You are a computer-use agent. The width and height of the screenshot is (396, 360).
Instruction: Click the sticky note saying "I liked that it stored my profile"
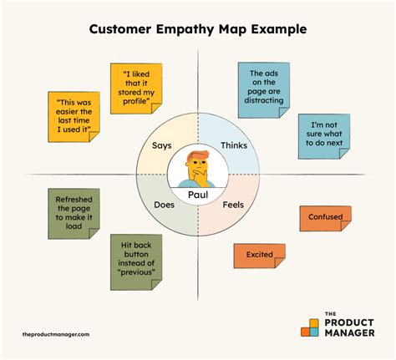pos(136,89)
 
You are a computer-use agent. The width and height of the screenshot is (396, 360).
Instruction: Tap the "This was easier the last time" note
pos(74,117)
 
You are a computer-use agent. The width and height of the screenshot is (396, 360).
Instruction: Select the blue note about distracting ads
pos(264,90)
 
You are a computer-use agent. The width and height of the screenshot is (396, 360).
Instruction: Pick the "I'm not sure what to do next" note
pos(324,136)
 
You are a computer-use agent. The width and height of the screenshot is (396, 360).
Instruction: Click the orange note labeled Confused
pos(325,219)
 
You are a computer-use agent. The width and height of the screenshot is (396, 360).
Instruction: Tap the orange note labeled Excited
pos(259,256)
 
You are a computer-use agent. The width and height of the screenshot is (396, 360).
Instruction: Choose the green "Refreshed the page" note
pos(74,214)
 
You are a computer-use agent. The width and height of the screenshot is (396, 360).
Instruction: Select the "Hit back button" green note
pos(136,262)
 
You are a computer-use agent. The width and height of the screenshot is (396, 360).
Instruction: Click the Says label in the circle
pos(162,145)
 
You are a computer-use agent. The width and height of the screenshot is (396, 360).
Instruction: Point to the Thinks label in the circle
pos(234,145)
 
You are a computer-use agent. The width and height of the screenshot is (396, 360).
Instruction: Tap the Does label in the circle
pos(164,205)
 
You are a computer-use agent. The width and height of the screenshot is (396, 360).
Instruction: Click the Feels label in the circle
pos(233,205)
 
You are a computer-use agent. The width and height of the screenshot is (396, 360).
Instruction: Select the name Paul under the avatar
pos(198,195)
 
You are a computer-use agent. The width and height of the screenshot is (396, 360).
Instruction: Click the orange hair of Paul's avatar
pos(198,155)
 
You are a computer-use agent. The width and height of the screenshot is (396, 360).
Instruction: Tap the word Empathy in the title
pos(185,29)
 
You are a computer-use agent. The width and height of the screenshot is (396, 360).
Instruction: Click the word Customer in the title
pos(120,29)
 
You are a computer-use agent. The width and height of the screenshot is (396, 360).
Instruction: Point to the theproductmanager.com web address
pos(56,334)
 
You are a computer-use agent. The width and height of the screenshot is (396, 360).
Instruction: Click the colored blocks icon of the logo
pos(310,327)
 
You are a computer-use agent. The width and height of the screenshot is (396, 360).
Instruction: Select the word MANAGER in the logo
pos(349,332)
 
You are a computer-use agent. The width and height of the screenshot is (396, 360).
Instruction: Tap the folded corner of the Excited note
pos(280,262)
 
